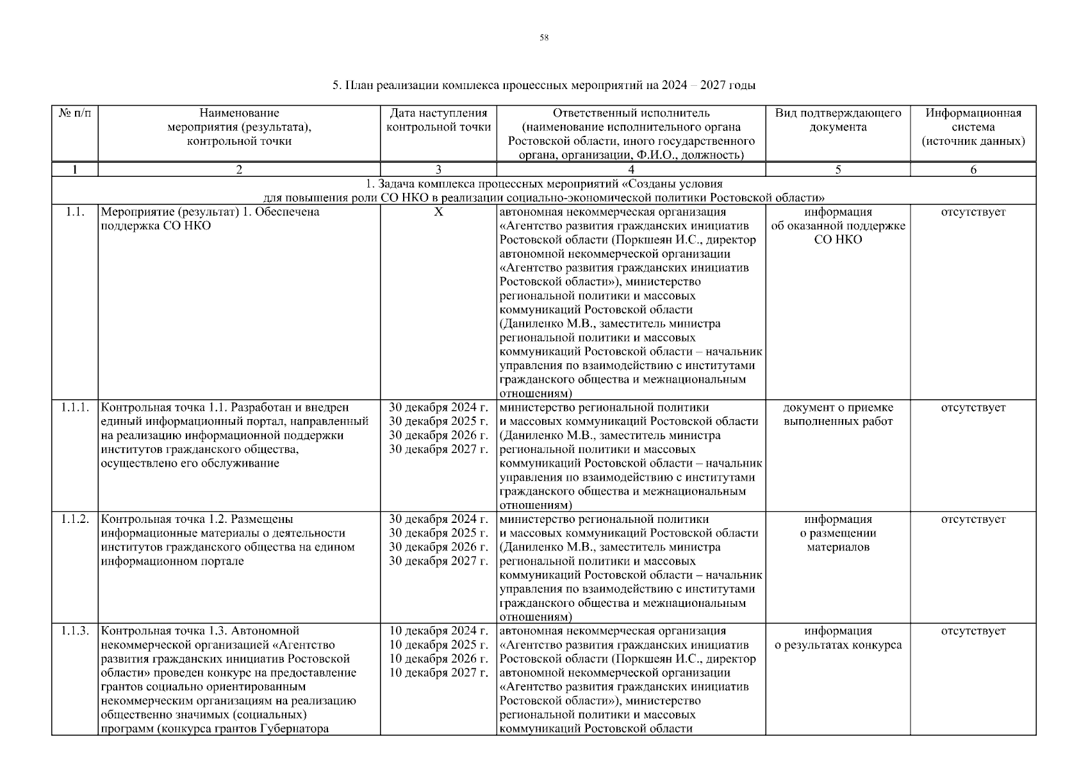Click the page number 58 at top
(543, 38)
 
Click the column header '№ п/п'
(75, 113)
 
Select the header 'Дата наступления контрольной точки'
(438, 120)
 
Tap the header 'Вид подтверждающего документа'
(838, 120)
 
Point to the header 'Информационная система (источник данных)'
(973, 127)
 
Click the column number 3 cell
(438, 170)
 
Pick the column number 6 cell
(973, 170)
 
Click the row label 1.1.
(75, 212)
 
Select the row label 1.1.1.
(75, 408)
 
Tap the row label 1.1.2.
(75, 519)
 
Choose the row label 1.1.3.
(75, 631)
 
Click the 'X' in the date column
(438, 212)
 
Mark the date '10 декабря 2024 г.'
(438, 631)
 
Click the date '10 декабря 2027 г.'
(438, 673)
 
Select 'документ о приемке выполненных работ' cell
(838, 415)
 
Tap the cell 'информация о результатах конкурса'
(838, 638)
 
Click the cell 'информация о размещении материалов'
(838, 533)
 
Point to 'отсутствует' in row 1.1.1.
(973, 408)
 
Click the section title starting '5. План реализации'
(543, 85)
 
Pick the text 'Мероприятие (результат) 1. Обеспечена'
(210, 212)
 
